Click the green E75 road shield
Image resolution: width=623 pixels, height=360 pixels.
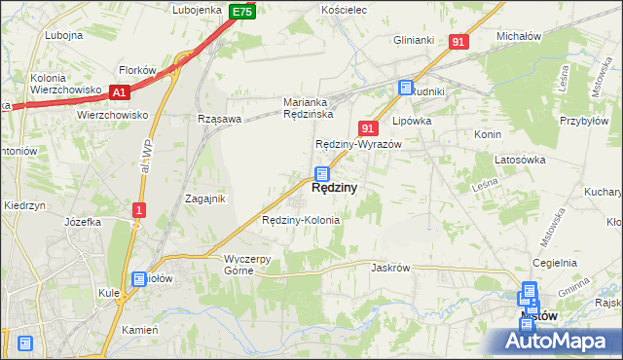(x=243, y=12)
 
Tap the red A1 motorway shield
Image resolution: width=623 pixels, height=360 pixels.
(x=120, y=92)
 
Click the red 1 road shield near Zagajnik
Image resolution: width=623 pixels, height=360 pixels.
(x=140, y=209)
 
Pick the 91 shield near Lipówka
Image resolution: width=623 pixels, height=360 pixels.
(x=368, y=127)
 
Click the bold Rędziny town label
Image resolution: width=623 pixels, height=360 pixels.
(x=334, y=189)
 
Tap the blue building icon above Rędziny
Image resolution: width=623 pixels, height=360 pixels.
(x=321, y=174)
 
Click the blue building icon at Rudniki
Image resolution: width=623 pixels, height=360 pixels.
(x=405, y=89)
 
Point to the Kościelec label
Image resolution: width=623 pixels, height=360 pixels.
(x=343, y=9)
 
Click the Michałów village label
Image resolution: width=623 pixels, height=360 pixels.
(x=518, y=36)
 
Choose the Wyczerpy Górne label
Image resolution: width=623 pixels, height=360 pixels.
(x=253, y=265)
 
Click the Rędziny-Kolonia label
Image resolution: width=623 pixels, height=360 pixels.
(x=301, y=220)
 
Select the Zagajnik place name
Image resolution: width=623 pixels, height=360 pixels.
(x=205, y=198)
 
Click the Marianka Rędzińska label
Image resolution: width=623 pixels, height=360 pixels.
(x=309, y=108)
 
